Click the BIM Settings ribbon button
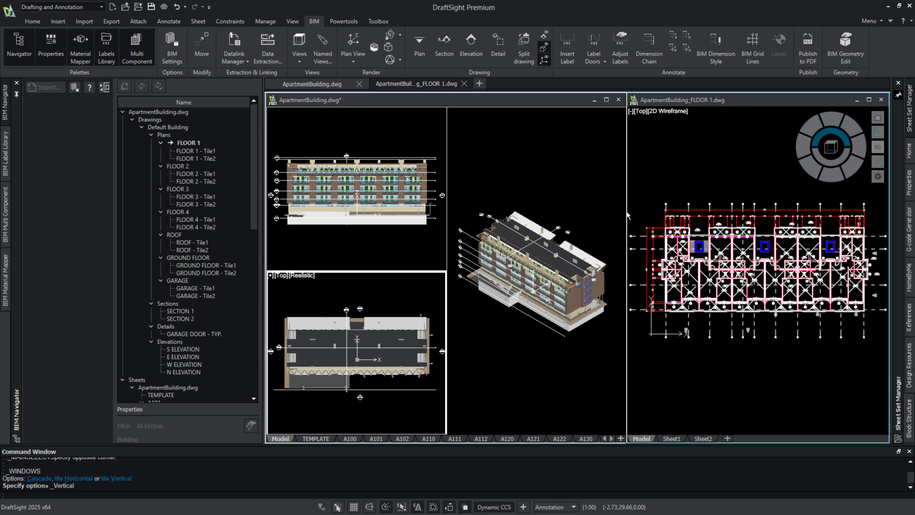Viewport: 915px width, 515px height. coord(172,48)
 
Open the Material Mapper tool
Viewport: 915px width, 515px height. coord(80,48)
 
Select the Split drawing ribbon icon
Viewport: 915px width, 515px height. coord(524,48)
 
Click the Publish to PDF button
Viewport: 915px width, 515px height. coord(808,48)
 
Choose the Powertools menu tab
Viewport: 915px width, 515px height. coord(344,21)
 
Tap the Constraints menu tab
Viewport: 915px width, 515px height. coord(230,21)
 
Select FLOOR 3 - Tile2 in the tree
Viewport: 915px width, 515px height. coord(195,204)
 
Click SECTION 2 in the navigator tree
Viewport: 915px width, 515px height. coord(180,319)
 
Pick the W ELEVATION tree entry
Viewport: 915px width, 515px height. coord(184,365)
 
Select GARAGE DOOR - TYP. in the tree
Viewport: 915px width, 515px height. coord(194,334)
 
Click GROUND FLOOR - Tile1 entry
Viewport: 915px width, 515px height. coord(206,266)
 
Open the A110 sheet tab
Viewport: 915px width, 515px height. coord(428,439)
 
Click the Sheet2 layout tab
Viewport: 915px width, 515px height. coord(703,439)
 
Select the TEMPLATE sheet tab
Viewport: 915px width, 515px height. coord(315,439)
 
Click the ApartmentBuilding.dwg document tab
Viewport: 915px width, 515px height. coord(312,84)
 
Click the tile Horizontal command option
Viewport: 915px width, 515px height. coord(73,479)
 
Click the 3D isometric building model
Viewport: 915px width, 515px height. coord(533,268)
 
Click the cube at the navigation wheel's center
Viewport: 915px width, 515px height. coord(830,147)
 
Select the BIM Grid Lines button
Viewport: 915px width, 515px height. coord(752,48)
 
